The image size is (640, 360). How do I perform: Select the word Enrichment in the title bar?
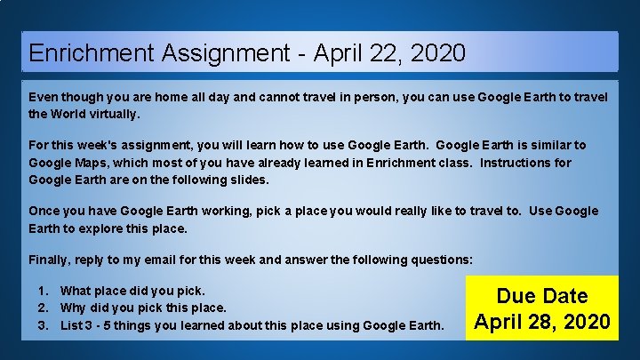click(x=92, y=52)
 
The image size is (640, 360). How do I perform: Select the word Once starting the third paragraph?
click(x=44, y=211)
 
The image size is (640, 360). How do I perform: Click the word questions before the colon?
click(x=440, y=260)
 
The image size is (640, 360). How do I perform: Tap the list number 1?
click(x=43, y=291)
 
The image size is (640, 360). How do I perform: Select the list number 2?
click(x=43, y=308)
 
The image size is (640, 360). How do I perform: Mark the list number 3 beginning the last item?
click(x=43, y=325)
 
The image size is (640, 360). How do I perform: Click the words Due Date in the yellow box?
click(x=542, y=296)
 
